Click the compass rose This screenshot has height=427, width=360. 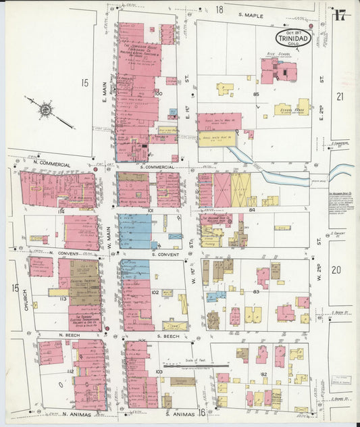46,108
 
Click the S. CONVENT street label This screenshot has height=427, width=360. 165,255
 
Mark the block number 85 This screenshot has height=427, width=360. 256,94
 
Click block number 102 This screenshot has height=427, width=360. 155,293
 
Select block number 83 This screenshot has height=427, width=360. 256,291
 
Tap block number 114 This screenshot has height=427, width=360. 60,211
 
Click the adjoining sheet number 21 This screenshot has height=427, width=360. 340,97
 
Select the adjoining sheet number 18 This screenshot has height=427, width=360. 219,9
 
